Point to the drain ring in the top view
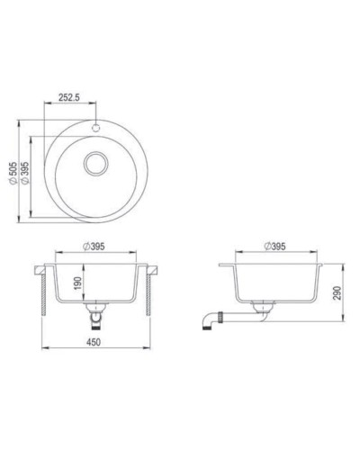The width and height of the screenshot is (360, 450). pyautogui.click(x=94, y=165)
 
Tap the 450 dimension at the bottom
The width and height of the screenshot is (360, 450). pyautogui.click(x=94, y=341)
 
